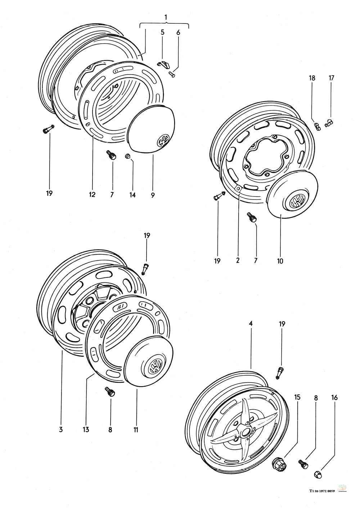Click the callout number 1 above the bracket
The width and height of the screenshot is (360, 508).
pos(166,17)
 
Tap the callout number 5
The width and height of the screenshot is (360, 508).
pos(162,32)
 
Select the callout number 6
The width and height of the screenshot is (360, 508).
pos(178,32)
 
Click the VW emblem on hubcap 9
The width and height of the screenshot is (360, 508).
pos(163,140)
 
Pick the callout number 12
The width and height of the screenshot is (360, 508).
pos(92,195)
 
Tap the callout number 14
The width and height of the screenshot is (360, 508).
pos(132,195)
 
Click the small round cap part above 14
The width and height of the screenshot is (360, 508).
pos(127,156)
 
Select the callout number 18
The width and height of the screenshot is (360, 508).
pos(312,77)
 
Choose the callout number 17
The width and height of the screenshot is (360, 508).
pos(331,77)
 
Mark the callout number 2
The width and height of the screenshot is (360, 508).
pos(238,260)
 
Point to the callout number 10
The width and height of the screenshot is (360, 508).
pos(280,260)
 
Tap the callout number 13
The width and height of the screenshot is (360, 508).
pos(86,429)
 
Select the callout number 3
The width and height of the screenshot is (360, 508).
pos(61,429)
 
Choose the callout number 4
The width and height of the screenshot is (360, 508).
pos(251,324)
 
